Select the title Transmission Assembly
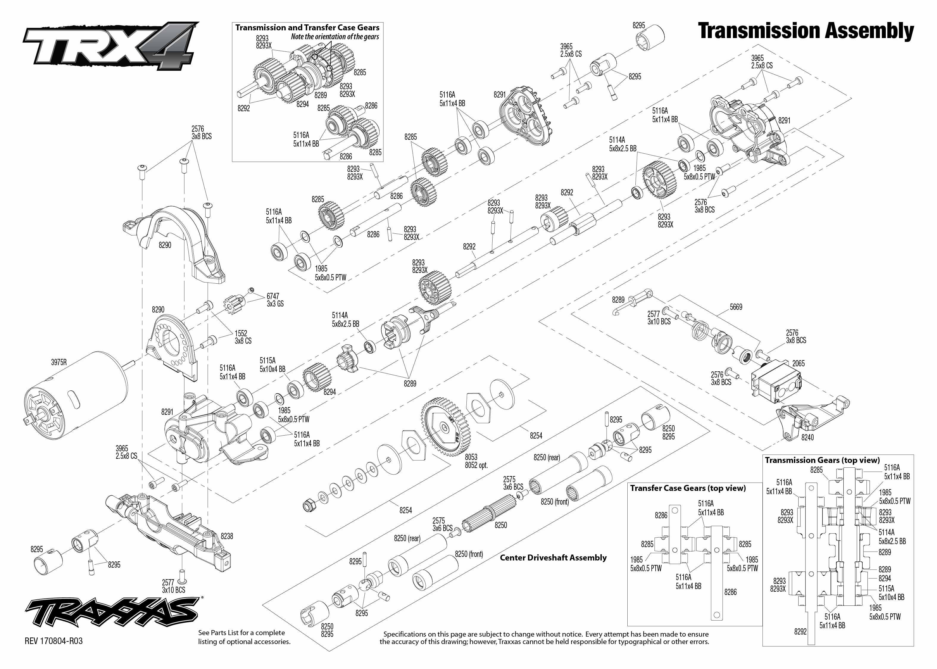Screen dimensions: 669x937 (x=806, y=31)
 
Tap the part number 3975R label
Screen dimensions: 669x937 (x=59, y=362)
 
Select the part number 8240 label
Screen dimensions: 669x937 (x=807, y=437)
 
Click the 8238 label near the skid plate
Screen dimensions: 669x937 (x=227, y=536)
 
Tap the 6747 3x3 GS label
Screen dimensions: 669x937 (x=275, y=300)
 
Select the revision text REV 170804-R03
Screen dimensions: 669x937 (x=54, y=641)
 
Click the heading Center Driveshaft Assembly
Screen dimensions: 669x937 (x=553, y=557)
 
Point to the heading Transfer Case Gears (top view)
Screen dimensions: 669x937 (x=688, y=488)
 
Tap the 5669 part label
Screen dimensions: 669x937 (x=736, y=307)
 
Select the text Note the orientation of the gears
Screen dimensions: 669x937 (x=335, y=37)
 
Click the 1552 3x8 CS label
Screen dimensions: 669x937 (x=243, y=337)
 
